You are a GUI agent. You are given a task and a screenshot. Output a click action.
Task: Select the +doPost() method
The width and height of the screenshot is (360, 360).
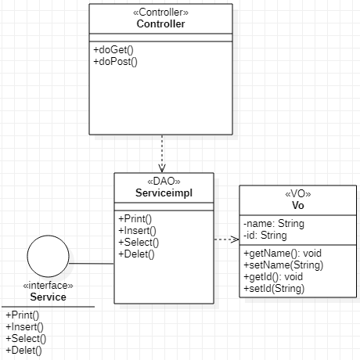pos(115,61)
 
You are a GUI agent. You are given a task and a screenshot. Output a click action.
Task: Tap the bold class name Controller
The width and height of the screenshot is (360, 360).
pos(160,23)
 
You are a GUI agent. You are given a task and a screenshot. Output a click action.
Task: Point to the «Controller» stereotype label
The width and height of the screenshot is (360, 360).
pos(160,13)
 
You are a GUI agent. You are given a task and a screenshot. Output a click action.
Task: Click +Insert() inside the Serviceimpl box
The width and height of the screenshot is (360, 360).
pos(137,230)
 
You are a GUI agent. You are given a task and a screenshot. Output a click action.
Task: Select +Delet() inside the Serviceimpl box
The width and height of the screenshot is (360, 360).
pos(136,253)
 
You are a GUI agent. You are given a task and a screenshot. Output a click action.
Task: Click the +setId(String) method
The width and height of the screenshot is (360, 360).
pos(274,288)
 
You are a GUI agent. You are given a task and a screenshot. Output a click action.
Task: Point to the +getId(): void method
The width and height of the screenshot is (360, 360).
pos(274,276)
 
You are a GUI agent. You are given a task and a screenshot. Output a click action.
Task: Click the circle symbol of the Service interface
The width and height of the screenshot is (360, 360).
pos(49,259)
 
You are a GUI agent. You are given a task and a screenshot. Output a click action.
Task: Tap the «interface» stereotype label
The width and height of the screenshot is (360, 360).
pos(48,286)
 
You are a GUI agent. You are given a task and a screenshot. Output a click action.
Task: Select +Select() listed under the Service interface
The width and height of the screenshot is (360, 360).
pos(26,338)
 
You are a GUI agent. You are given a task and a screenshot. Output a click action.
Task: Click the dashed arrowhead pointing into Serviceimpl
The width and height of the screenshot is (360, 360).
pos(162,167)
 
